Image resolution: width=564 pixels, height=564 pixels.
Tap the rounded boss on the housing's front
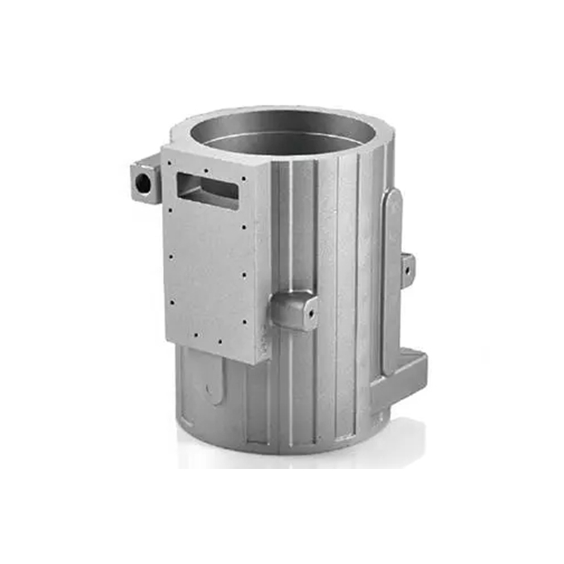(x=292, y=308)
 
